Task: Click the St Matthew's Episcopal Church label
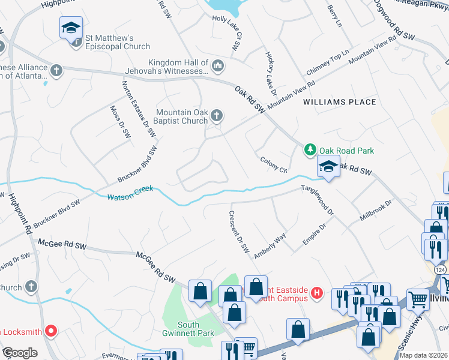click(117, 42)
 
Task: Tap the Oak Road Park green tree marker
click(310, 150)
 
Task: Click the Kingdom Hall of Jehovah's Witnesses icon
click(217, 65)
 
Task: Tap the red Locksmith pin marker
click(51, 330)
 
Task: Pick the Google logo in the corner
click(19, 353)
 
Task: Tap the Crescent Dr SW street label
click(238, 232)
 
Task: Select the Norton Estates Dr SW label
click(135, 109)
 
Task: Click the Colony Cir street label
click(274, 164)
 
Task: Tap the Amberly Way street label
click(270, 246)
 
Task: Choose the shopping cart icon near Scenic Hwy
click(418, 299)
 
